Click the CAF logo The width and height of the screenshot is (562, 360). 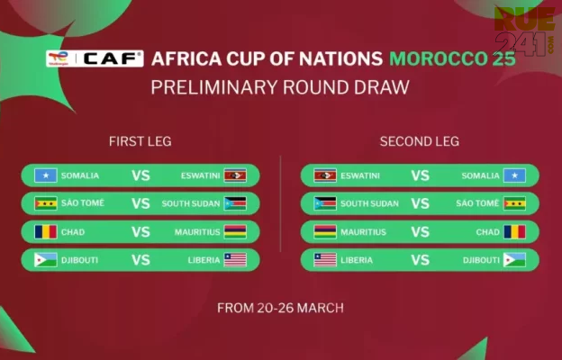pos(113,58)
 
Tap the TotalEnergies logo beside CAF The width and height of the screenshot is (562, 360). pos(59,58)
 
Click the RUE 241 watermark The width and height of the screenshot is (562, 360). pos(524,31)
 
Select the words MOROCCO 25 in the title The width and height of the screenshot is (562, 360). pos(452,58)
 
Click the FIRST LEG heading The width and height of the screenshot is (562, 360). pos(140,141)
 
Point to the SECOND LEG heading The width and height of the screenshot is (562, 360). pos(420,141)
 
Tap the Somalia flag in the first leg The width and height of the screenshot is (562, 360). pos(46,175)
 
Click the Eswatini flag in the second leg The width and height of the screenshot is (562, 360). pos(325,175)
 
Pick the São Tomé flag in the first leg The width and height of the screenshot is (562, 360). pos(46,203)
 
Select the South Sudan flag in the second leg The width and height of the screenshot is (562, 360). pos(325,203)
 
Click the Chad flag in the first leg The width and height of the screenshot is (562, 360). pos(46,232)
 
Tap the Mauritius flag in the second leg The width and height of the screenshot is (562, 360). pos(325,232)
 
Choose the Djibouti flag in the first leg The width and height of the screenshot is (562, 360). pos(46,260)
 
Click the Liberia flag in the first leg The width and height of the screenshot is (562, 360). pos(235,260)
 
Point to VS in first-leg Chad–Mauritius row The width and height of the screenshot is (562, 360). pos(140,232)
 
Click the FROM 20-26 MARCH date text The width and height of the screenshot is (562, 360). pos(280,308)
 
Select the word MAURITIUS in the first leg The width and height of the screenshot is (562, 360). pos(197,232)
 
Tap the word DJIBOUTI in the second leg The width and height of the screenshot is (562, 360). pos(481,260)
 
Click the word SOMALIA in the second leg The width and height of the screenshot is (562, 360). pos(480,175)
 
